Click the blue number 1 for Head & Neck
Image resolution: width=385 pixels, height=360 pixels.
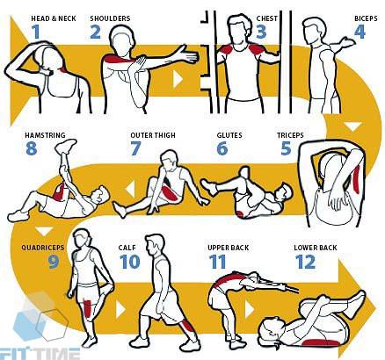click(x=36, y=32)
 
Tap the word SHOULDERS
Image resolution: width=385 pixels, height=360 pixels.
click(x=110, y=18)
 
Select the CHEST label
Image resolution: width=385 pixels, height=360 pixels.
click(x=267, y=18)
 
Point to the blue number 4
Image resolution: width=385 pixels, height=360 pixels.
click(x=360, y=32)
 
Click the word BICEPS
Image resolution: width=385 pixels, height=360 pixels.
click(x=366, y=18)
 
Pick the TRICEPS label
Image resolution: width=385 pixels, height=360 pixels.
click(x=290, y=135)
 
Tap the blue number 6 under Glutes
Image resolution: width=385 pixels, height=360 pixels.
click(x=222, y=148)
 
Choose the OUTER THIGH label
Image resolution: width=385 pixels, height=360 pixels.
click(x=153, y=135)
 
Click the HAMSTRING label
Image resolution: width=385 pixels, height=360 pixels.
click(x=45, y=135)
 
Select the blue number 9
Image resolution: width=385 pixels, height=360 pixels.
click(x=54, y=262)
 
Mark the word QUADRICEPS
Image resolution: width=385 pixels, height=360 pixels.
click(x=42, y=248)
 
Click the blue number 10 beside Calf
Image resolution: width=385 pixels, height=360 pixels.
click(x=129, y=262)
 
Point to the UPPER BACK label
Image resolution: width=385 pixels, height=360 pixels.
click(x=229, y=248)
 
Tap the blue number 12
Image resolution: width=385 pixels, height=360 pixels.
click(x=305, y=262)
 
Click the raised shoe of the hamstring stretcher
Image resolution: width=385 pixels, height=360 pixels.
click(x=66, y=146)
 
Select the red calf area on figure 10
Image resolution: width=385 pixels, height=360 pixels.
click(x=186, y=328)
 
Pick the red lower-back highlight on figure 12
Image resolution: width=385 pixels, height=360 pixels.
click(x=319, y=342)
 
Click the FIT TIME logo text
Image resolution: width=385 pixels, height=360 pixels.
click(x=40, y=354)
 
